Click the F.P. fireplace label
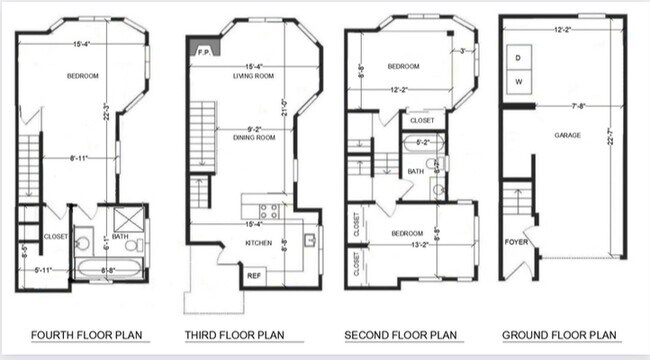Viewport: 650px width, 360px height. pos(202,51)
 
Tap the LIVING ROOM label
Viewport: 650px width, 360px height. pos(254,76)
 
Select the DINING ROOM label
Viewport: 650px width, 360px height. pos(254,138)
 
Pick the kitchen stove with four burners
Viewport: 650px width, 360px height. pos(268,211)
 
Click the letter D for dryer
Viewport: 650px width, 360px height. pos(518,57)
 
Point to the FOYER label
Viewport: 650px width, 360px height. pos(514,240)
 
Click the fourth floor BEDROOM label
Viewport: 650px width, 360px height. pos(83,76)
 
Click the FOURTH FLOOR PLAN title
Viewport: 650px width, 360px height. pos(82,334)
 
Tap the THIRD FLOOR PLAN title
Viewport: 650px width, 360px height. pos(235,334)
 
